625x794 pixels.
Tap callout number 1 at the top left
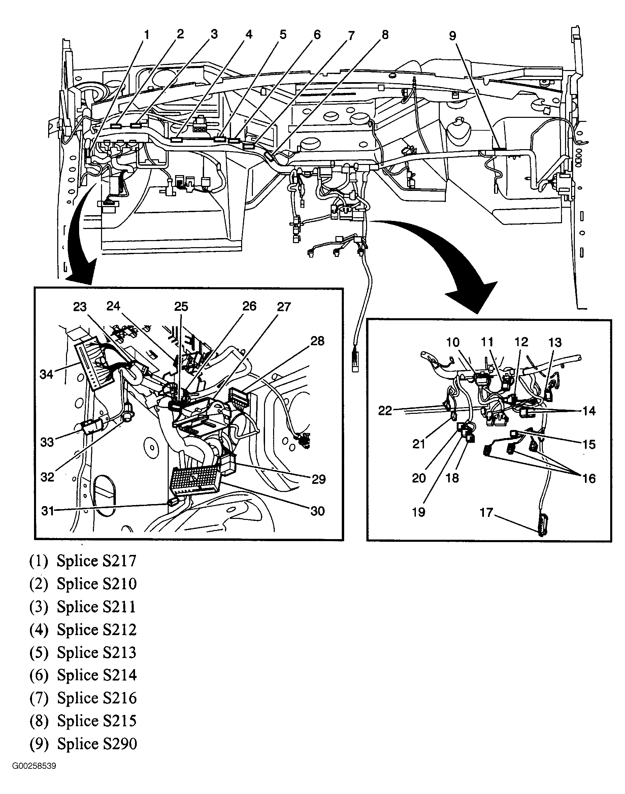pyautogui.click(x=147, y=35)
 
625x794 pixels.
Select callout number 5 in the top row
pyautogui.click(x=283, y=35)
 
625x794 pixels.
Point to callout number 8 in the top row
pyautogui.click(x=385, y=35)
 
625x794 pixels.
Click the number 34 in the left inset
pyautogui.click(x=46, y=374)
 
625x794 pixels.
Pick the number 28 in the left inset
pyautogui.click(x=317, y=341)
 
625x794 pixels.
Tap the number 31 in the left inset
pyautogui.click(x=47, y=511)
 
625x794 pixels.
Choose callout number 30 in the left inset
pyautogui.click(x=317, y=511)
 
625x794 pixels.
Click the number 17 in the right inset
pyautogui.click(x=486, y=512)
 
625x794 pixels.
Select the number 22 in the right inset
pyautogui.click(x=385, y=411)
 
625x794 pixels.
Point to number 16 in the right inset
pyautogui.click(x=589, y=478)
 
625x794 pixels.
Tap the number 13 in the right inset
pyautogui.click(x=555, y=342)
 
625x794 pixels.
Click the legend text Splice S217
pyautogui.click(x=96, y=561)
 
